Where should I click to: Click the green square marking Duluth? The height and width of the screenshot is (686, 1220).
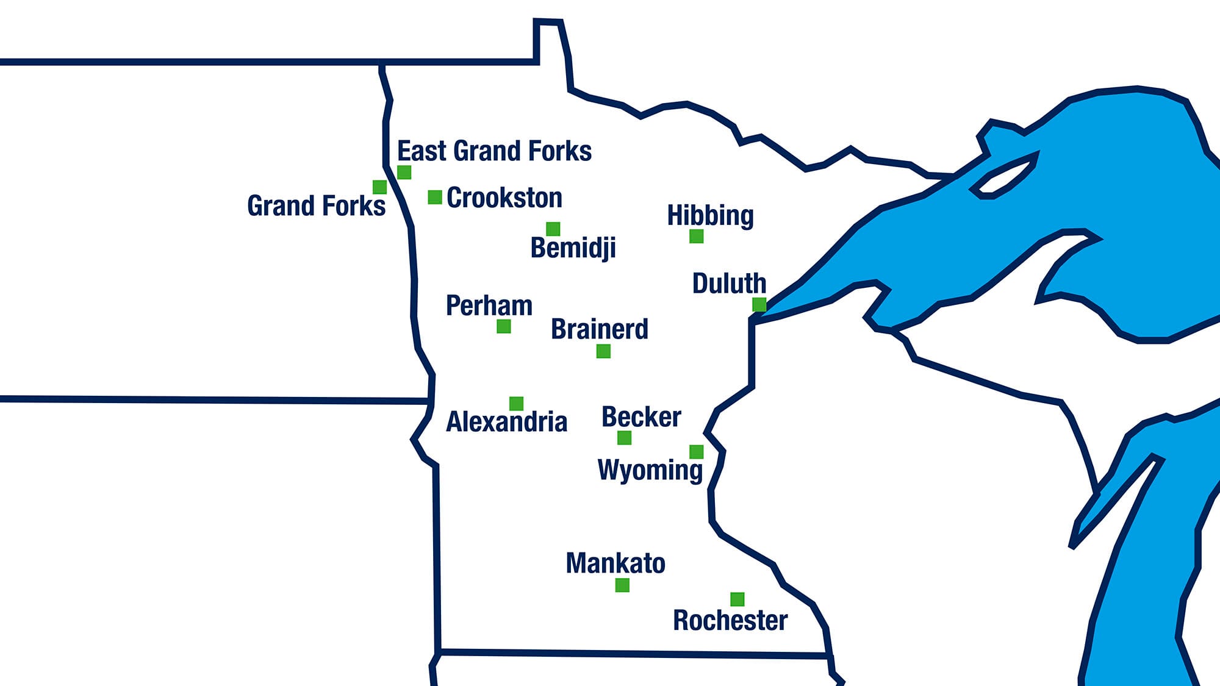tap(759, 304)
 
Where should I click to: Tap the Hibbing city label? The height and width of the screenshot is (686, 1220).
tap(710, 215)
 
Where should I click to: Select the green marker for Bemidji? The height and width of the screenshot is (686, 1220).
tap(553, 229)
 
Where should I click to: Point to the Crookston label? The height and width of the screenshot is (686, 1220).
tap(504, 198)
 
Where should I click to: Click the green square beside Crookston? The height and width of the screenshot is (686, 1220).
tap(435, 197)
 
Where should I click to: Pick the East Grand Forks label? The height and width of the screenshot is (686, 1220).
tap(494, 151)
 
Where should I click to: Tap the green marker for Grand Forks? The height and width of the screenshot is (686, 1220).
tap(379, 187)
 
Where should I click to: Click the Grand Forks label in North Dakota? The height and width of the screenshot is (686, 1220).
tap(316, 205)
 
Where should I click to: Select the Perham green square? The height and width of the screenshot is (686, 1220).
tap(503, 326)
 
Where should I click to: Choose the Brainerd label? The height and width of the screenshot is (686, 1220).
tap(599, 329)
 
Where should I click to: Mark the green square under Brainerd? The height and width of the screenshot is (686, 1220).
tap(603, 351)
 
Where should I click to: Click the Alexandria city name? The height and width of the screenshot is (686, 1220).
tap(506, 421)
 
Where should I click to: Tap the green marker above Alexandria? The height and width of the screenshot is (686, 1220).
tap(516, 403)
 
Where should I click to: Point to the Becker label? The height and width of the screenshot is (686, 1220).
tap(640, 417)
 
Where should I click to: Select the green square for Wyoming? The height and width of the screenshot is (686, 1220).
tap(696, 451)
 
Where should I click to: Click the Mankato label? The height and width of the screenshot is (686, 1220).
tap(615, 563)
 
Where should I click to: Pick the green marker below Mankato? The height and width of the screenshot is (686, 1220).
tap(622, 585)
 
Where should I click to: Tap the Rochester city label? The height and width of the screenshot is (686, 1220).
tap(730, 620)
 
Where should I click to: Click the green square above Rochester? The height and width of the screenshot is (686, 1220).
tap(737, 599)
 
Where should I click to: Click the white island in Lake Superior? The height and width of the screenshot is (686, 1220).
tap(1003, 177)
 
